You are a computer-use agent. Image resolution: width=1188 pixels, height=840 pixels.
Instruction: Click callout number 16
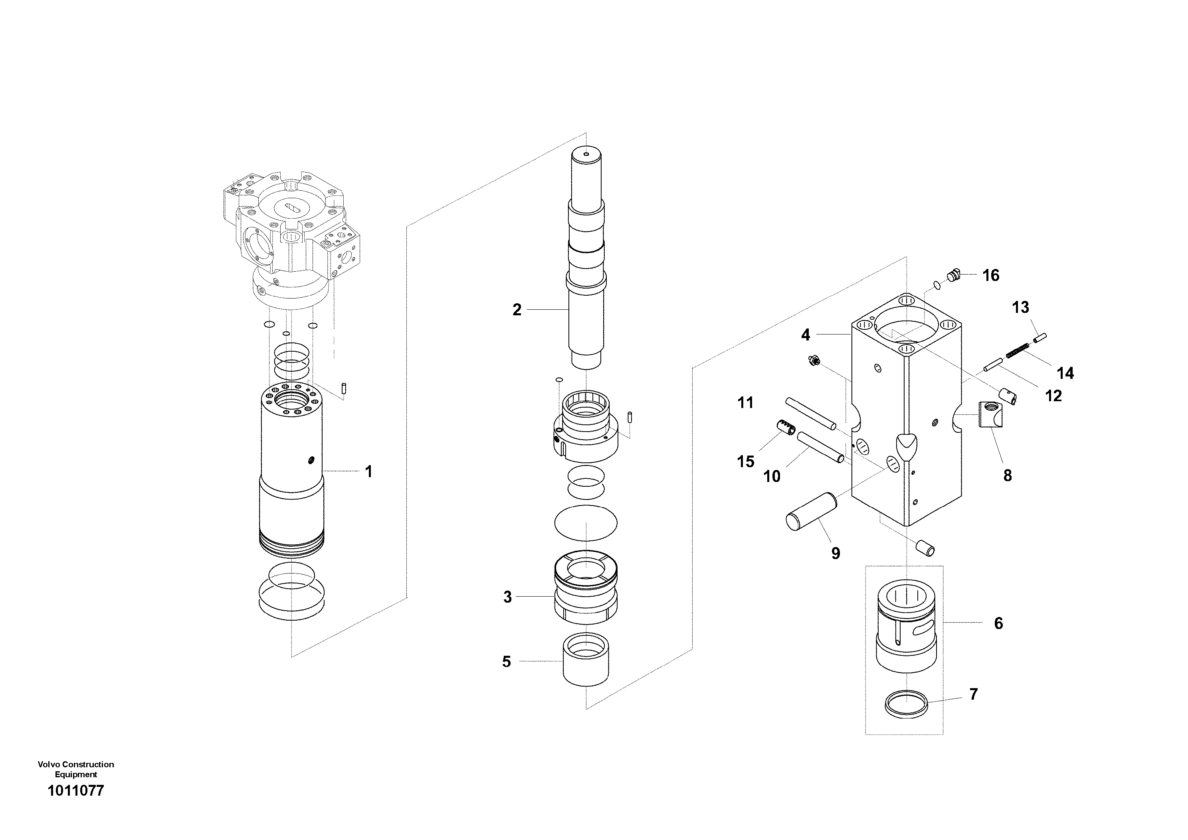click(990, 275)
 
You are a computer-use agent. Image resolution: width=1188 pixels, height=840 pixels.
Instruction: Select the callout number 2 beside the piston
click(517, 310)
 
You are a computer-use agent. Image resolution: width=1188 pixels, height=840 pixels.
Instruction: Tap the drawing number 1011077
click(75, 791)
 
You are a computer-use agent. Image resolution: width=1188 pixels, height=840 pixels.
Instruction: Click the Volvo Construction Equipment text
click(75, 769)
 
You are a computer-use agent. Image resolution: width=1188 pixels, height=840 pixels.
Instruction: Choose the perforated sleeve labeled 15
click(786, 428)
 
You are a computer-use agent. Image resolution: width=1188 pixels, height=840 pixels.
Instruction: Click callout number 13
click(1020, 308)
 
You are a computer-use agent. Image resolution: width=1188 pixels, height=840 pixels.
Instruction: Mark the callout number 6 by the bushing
click(998, 623)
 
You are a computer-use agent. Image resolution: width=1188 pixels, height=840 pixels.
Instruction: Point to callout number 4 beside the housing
click(805, 335)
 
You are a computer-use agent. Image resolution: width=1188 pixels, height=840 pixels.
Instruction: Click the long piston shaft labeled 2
click(587, 259)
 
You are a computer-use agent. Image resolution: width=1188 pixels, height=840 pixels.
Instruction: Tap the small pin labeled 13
click(1040, 337)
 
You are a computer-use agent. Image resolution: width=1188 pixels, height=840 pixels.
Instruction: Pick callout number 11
click(745, 402)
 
